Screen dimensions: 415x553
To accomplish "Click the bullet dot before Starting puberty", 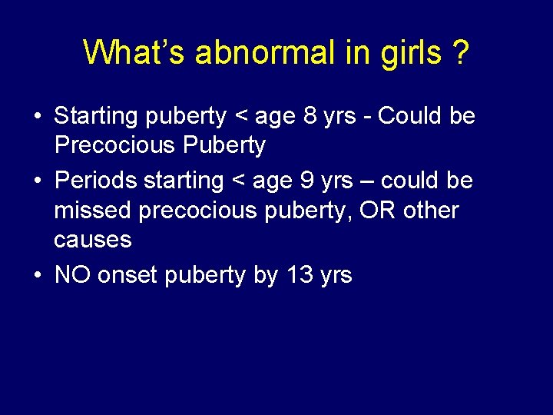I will [37, 118].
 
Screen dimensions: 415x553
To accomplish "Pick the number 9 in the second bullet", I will [305, 181].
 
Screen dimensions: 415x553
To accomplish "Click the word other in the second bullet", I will [429, 211].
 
